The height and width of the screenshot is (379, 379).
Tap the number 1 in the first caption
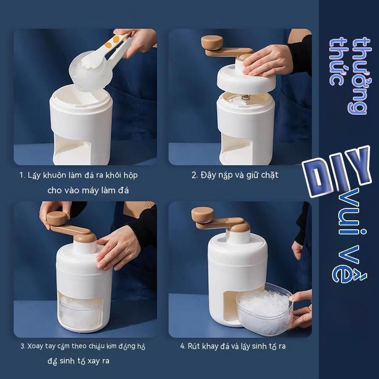tap(21, 175)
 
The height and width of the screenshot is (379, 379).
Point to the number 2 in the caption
tap(194, 175)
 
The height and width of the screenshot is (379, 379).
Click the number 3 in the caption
tap(22, 346)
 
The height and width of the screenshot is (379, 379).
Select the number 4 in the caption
tap(182, 346)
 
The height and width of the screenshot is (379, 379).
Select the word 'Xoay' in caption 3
tap(36, 346)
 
